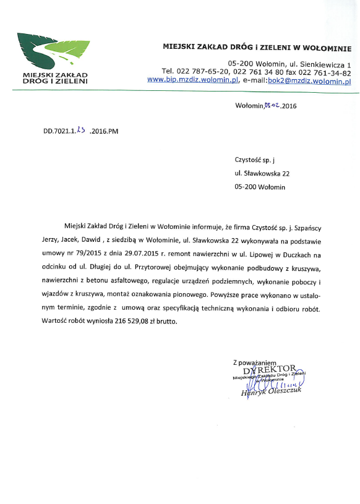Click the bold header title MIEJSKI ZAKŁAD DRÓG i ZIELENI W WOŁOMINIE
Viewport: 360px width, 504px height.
click(x=257, y=46)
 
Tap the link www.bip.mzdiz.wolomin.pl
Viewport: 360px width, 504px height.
click(x=193, y=80)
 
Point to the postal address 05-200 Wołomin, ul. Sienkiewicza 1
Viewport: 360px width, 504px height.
click(x=289, y=64)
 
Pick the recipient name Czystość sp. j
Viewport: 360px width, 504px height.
click(x=254, y=160)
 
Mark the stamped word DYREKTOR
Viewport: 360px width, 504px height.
click(x=270, y=369)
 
